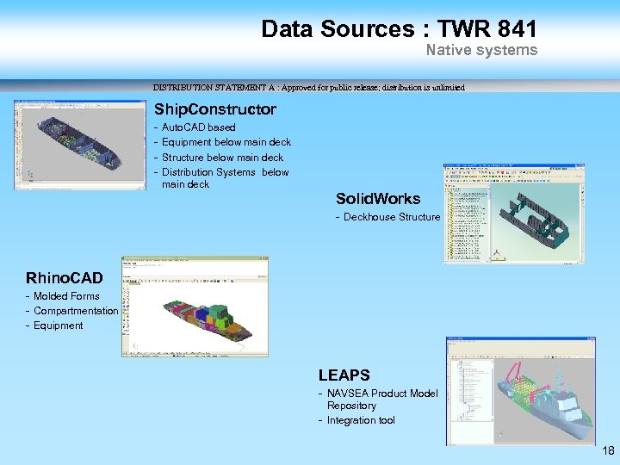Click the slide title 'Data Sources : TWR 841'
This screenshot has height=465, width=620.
click(x=399, y=28)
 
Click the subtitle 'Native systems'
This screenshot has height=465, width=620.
click(x=481, y=50)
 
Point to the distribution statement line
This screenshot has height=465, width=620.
click(x=308, y=87)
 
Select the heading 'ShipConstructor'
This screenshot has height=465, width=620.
click(x=214, y=109)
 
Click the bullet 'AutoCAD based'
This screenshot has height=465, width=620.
click(x=198, y=127)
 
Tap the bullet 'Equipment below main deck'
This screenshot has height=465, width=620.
click(x=226, y=142)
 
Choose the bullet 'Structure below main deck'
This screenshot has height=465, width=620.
click(x=222, y=157)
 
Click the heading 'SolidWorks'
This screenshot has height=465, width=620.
click(x=378, y=199)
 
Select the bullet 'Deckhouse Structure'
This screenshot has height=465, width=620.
click(x=391, y=217)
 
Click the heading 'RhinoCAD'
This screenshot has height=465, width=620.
click(x=65, y=277)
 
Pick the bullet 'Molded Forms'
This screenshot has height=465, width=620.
click(x=66, y=296)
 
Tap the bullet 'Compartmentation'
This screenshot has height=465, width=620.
click(x=75, y=311)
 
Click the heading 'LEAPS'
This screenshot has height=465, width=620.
click(x=344, y=375)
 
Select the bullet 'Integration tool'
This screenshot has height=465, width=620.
click(x=361, y=420)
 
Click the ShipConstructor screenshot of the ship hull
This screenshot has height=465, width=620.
click(x=79, y=145)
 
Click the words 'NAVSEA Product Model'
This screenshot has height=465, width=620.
click(x=382, y=394)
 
